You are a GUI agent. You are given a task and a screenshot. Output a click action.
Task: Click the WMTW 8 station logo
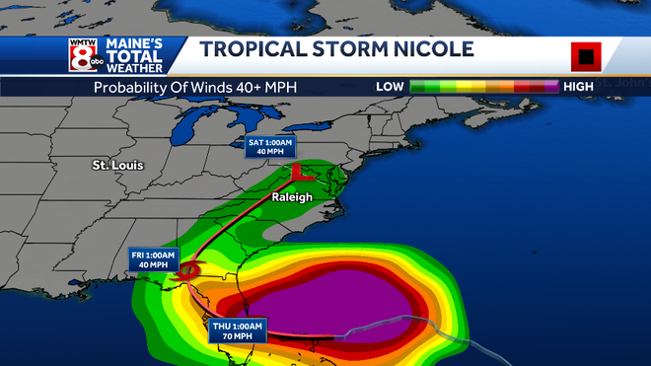point(84,55)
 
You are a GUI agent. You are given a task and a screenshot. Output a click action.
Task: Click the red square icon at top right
point(586,57)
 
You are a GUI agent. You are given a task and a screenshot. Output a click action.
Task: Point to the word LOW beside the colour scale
point(390,87)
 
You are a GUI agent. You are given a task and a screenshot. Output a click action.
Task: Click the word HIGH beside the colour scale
point(577,87)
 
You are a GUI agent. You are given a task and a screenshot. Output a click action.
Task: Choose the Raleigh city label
point(292,197)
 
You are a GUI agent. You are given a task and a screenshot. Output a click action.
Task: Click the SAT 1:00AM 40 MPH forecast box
point(269,148)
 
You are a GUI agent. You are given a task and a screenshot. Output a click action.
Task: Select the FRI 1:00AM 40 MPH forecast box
point(153,259)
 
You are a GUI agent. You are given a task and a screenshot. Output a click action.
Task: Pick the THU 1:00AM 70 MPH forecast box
point(238,330)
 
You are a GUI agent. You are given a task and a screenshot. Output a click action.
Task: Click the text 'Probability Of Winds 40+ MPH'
point(195,87)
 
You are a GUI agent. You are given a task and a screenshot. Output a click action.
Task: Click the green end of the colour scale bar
point(419,87)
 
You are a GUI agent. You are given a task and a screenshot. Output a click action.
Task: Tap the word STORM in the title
point(341,49)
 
